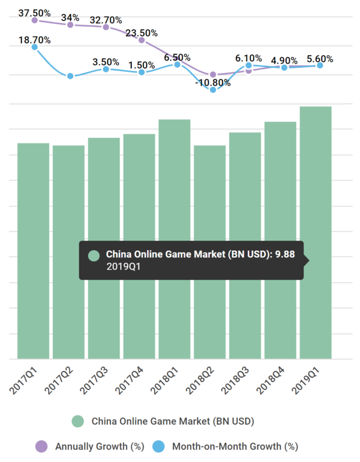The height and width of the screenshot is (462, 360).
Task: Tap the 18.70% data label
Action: click(34, 40)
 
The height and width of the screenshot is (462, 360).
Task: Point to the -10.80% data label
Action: click(214, 82)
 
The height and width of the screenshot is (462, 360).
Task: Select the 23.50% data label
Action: click(142, 33)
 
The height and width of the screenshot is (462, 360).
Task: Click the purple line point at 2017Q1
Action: click(35, 20)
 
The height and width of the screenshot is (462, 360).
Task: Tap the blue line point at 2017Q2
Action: click(70, 76)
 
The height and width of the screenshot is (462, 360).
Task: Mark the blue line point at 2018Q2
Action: click(213, 89)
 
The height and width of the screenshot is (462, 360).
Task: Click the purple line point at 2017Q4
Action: click(142, 40)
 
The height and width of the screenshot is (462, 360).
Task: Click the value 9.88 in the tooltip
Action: click(286, 254)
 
